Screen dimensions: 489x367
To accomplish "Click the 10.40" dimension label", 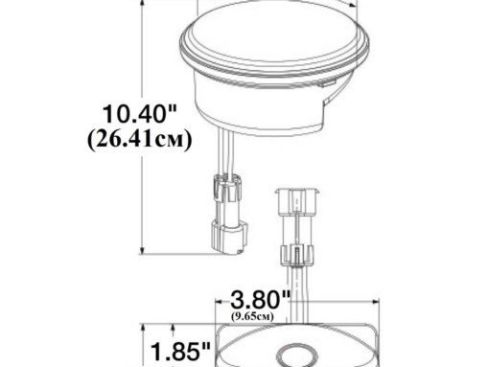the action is pos(140,114).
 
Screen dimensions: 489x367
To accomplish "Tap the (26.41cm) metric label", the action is pos(140,139).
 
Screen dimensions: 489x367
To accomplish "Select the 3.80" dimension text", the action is pos(261,300).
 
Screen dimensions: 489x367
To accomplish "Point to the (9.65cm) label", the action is pos(252,316).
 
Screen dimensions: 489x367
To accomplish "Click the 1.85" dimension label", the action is pos(180,352).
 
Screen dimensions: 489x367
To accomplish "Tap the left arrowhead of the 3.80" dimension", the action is pos(219,302).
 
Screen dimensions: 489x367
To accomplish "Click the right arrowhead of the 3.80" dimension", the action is pos(375,302).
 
